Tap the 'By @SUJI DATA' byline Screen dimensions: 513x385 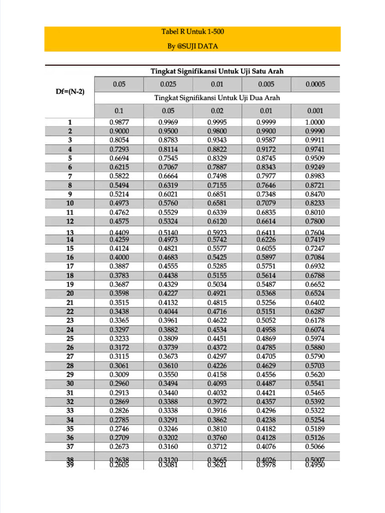tap(192, 46)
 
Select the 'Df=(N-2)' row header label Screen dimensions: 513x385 tap(70, 92)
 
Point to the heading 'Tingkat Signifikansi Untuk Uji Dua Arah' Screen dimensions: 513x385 tap(217, 98)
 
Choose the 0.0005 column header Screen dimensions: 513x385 tap(315, 84)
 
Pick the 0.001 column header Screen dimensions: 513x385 tap(315, 111)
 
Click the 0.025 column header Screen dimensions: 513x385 tap(168, 84)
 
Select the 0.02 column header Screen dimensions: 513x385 tap(217, 111)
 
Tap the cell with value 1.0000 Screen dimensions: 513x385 tap(315, 122)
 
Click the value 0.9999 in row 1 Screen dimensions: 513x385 tap(266, 122)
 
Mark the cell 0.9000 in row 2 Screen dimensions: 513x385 tap(119, 131)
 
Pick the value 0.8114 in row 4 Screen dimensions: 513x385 tap(168, 149)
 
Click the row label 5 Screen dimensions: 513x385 tap(70, 158)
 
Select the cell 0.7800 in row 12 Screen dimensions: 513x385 tap(315, 221)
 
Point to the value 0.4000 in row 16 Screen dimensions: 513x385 tap(119, 258)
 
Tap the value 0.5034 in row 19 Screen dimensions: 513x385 tap(217, 285)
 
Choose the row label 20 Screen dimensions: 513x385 tap(70, 294)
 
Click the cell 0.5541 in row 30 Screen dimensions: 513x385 tap(315, 384)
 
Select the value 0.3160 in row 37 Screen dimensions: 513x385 tap(168, 447)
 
